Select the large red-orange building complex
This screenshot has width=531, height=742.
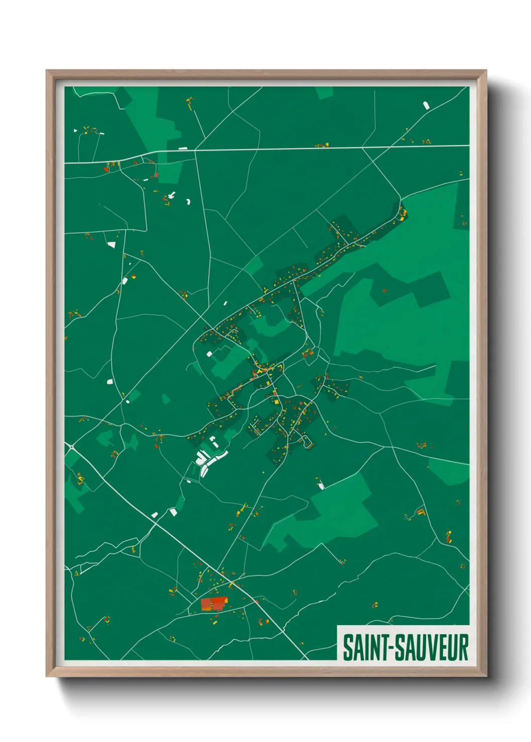(214, 603)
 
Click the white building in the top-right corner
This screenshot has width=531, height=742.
(427, 105)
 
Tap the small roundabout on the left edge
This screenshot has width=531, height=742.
(71, 446)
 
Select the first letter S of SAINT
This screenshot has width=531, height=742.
(348, 647)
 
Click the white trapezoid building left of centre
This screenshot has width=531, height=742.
(111, 245)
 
